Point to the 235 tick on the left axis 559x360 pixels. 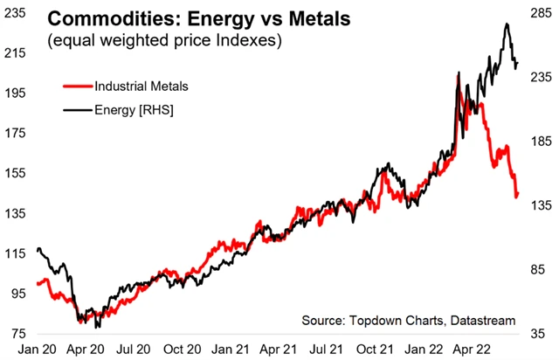(x=16, y=13)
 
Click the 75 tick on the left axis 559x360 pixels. (x=16, y=334)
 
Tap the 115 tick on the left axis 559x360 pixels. (x=16, y=253)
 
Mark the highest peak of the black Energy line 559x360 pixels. (x=507, y=24)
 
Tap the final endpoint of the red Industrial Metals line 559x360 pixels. (x=517, y=196)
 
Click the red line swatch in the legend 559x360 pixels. (x=77, y=87)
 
